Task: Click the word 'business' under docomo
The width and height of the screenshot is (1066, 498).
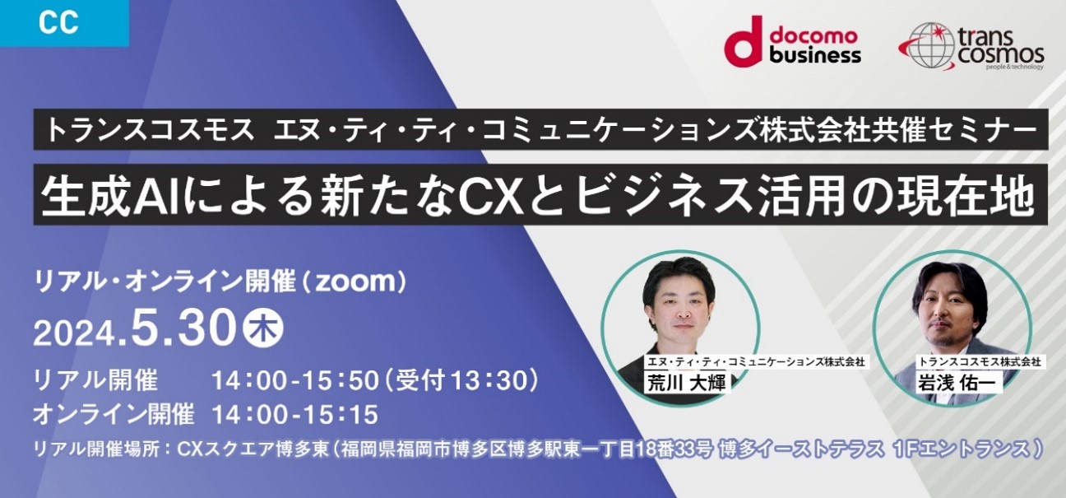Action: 815,55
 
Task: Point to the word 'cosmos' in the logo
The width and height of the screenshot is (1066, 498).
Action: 1001,55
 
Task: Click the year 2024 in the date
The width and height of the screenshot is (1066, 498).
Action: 74,333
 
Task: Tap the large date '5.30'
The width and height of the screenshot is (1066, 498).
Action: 183,328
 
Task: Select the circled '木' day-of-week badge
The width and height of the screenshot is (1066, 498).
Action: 263,328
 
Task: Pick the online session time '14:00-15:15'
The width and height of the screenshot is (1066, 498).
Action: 295,414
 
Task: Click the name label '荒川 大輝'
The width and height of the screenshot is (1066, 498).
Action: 687,384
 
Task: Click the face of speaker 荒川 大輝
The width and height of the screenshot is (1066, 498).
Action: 681,307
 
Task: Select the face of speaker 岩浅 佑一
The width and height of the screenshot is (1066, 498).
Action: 952,314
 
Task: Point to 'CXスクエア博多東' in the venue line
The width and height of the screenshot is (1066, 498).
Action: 253,449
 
